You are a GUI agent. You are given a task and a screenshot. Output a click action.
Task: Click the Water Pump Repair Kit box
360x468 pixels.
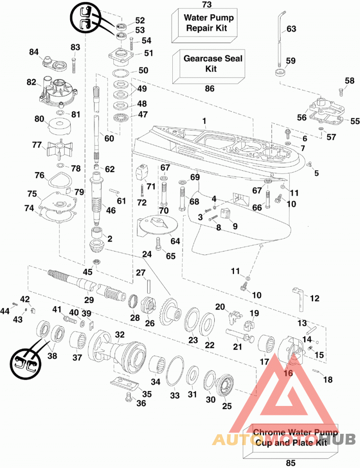coord(205,25)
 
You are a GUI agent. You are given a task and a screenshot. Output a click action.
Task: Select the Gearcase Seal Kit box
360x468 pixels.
coord(208,66)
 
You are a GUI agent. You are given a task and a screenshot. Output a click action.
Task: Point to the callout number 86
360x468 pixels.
coord(209,89)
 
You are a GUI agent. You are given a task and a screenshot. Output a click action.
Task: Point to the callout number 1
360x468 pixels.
coord(204,121)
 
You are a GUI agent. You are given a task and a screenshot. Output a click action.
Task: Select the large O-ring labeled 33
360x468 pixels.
coord(175,371)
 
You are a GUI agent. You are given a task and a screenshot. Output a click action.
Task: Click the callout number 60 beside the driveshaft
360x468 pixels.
coord(109,138)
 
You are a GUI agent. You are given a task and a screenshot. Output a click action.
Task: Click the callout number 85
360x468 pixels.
coord(290,463)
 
